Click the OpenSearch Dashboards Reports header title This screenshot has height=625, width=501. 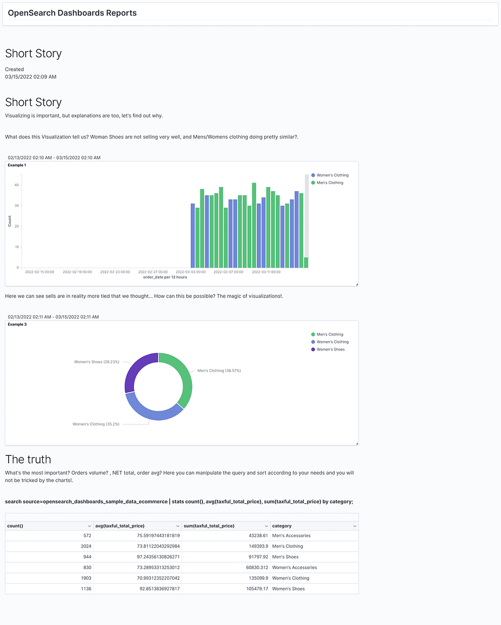[x=72, y=13]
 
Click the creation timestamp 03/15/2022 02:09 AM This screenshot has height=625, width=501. [x=31, y=76]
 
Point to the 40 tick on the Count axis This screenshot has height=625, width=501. [x=17, y=185]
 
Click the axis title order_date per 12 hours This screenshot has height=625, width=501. [x=165, y=277]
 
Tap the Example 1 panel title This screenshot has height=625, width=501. [x=17, y=165]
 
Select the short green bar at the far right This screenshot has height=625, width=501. [x=306, y=262]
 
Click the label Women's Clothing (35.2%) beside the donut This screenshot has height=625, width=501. [x=96, y=424]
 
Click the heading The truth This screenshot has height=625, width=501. [x=28, y=459]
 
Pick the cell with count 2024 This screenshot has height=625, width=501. [x=86, y=546]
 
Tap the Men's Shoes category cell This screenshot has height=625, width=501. [x=286, y=557]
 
